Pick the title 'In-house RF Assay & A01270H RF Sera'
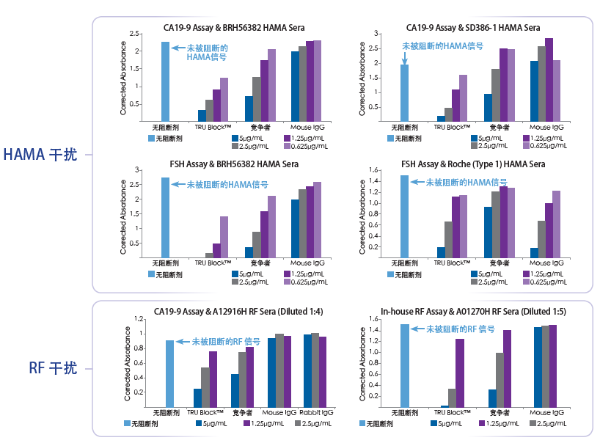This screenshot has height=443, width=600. click(474, 311)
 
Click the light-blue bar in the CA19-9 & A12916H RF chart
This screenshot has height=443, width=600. click(169, 373)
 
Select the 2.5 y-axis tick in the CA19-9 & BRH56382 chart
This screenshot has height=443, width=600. click(134, 34)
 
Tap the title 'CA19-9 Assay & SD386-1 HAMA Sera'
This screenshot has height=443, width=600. click(473, 28)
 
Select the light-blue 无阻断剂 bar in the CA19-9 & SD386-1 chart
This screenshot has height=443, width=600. click(404, 90)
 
